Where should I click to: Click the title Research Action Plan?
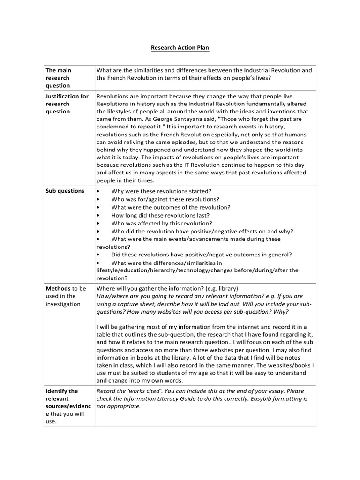click(x=180, y=48)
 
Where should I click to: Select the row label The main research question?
click(x=59, y=78)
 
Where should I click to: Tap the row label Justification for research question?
click(x=67, y=104)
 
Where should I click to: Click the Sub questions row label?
click(x=65, y=191)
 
